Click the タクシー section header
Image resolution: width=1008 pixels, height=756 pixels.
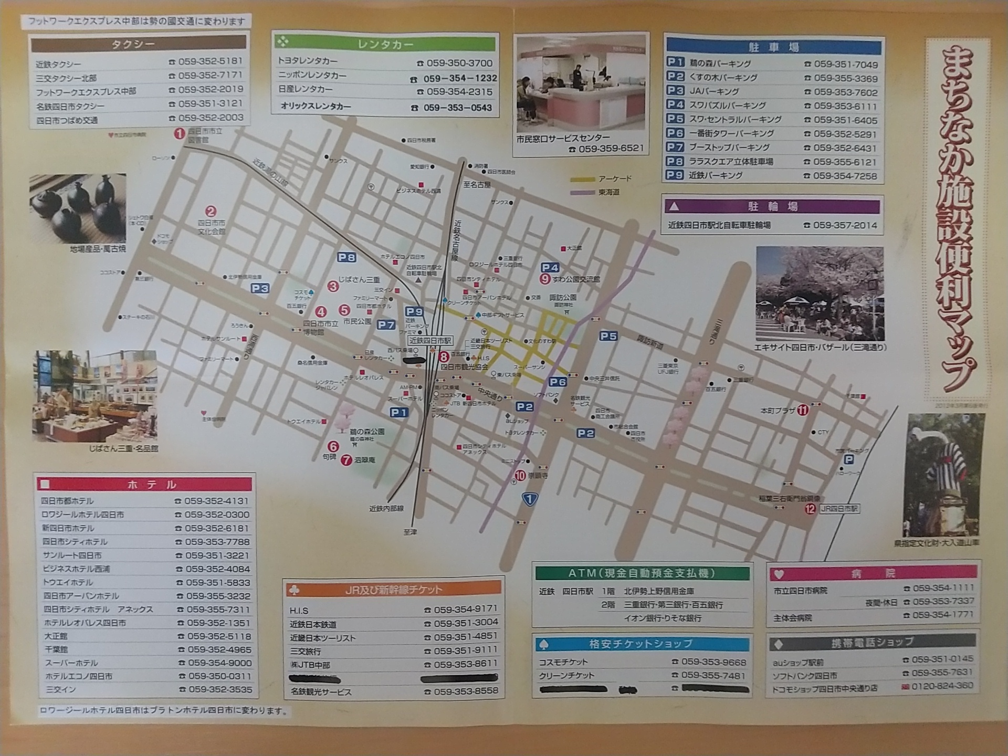tap(138, 44)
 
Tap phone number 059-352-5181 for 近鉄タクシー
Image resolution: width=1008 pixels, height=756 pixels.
tap(210, 61)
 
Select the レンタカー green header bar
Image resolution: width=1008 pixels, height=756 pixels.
tap(385, 44)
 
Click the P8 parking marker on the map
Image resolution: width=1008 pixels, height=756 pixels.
tap(346, 257)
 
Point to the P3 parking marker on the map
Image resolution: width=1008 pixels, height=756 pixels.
tap(260, 288)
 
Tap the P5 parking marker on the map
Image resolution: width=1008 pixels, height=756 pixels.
tap(608, 336)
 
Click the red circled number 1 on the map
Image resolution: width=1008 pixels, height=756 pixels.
tap(180, 133)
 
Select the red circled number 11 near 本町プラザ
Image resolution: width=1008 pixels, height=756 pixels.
tap(803, 409)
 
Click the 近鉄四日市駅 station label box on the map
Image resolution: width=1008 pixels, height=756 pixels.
tap(430, 341)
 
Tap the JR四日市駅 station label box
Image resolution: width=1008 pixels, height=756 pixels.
tap(839, 508)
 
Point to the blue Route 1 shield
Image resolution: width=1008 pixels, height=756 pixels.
tap(530, 499)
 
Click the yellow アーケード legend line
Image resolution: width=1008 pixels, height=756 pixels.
tap(583, 180)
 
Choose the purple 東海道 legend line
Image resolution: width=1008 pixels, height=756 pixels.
tap(583, 193)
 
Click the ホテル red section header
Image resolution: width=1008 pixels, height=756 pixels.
tap(144, 484)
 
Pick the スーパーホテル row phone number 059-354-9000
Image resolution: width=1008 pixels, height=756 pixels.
tap(219, 663)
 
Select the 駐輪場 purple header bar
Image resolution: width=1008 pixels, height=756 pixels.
tap(772, 206)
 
